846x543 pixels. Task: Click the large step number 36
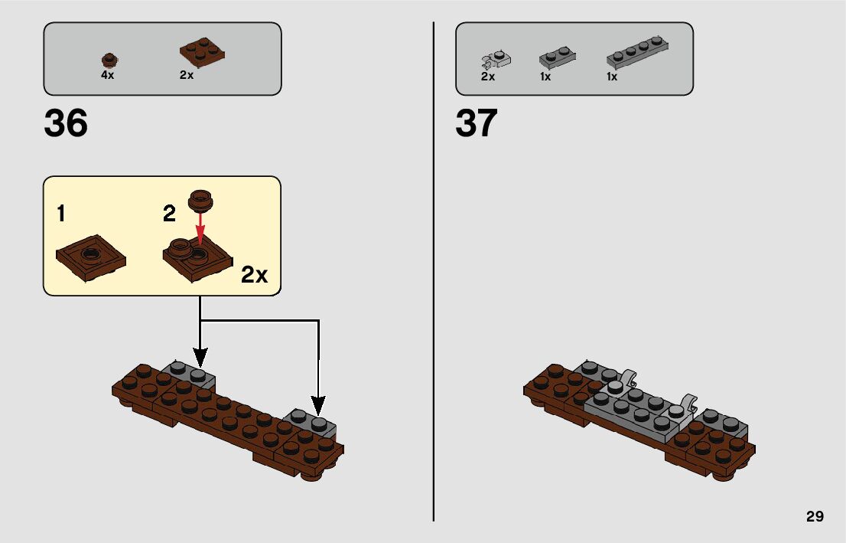coord(66,123)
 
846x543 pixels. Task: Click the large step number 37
coord(477,123)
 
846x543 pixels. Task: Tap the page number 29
coord(815,516)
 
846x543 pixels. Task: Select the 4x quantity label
coord(107,76)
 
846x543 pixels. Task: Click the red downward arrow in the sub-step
coord(201,230)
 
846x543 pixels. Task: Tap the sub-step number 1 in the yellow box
coord(61,214)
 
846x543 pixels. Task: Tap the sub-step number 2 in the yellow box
coord(170,214)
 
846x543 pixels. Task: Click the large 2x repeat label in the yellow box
coord(254,275)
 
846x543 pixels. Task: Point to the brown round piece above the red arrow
coord(202,200)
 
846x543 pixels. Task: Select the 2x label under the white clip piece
coord(488,77)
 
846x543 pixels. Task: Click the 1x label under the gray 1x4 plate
coord(612,77)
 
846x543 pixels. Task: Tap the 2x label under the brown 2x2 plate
coord(187,76)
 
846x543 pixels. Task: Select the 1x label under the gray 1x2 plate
coord(545,77)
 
